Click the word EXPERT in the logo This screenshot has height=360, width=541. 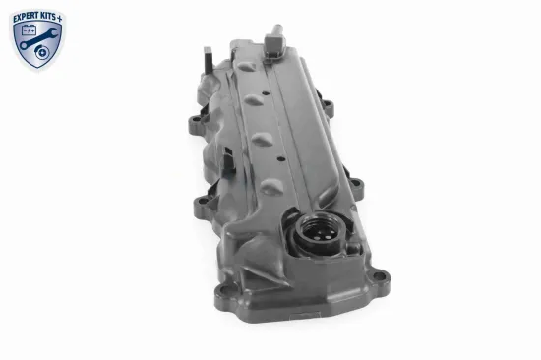point(26,19)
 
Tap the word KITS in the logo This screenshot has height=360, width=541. point(48,17)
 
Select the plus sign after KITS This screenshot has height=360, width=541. point(60,19)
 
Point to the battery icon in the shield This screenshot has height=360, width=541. point(29,31)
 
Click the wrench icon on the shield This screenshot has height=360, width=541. point(37,37)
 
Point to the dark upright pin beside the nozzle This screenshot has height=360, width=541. point(209,61)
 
